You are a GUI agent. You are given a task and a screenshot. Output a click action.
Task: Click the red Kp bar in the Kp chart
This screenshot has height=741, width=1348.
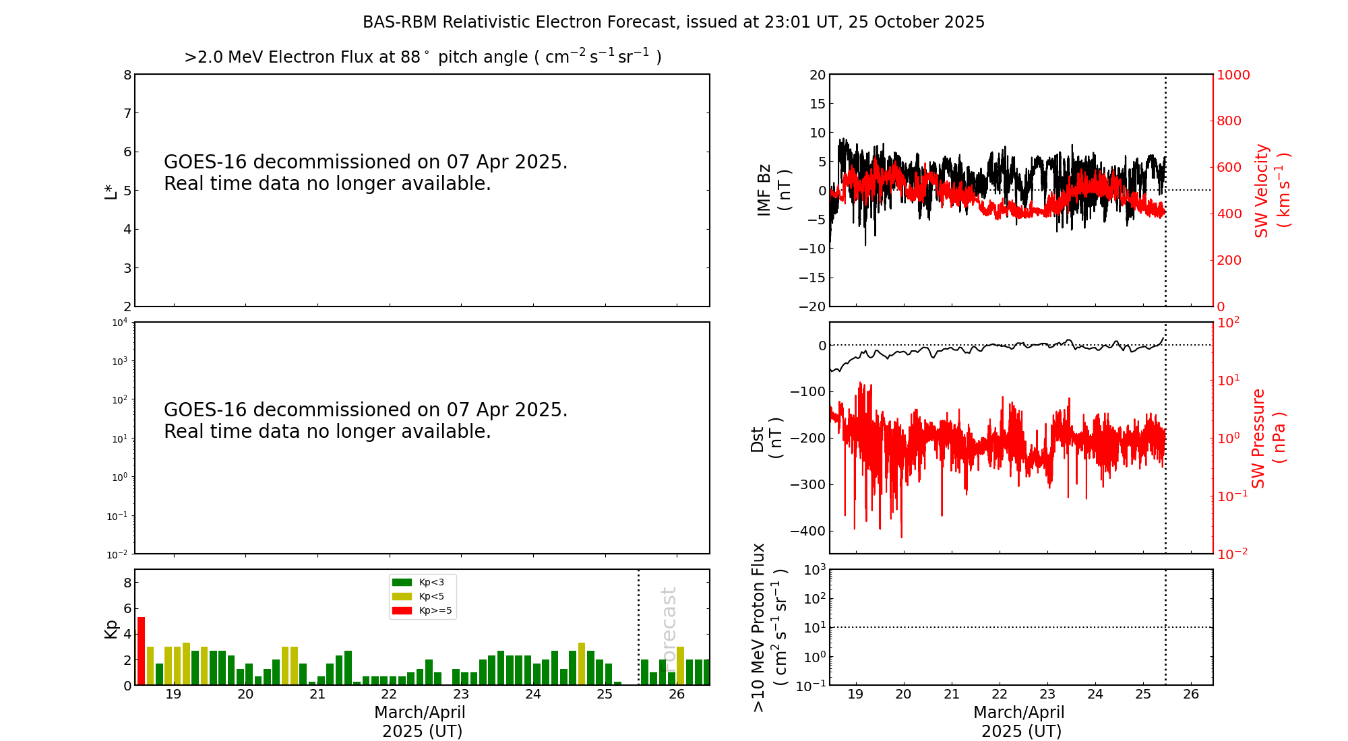[141, 651]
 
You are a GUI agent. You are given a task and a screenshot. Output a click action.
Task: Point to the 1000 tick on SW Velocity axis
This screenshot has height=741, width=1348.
[1233, 75]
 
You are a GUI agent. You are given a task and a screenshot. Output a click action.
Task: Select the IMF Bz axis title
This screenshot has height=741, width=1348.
[774, 190]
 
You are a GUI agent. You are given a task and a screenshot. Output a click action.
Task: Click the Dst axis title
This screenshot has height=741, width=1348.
[766, 438]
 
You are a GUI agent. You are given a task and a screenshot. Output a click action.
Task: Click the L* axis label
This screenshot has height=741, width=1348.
[111, 191]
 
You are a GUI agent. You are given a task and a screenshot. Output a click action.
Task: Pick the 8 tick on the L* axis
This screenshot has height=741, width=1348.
[127, 75]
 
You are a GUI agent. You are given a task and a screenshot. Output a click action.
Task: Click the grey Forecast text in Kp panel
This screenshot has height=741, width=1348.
[669, 626]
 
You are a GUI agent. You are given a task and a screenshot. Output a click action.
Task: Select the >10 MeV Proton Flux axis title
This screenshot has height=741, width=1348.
[769, 627]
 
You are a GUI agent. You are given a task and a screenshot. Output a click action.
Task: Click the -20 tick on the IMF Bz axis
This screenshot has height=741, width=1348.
[812, 307]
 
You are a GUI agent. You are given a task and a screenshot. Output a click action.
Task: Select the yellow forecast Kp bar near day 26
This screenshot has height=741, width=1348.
[681, 666]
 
